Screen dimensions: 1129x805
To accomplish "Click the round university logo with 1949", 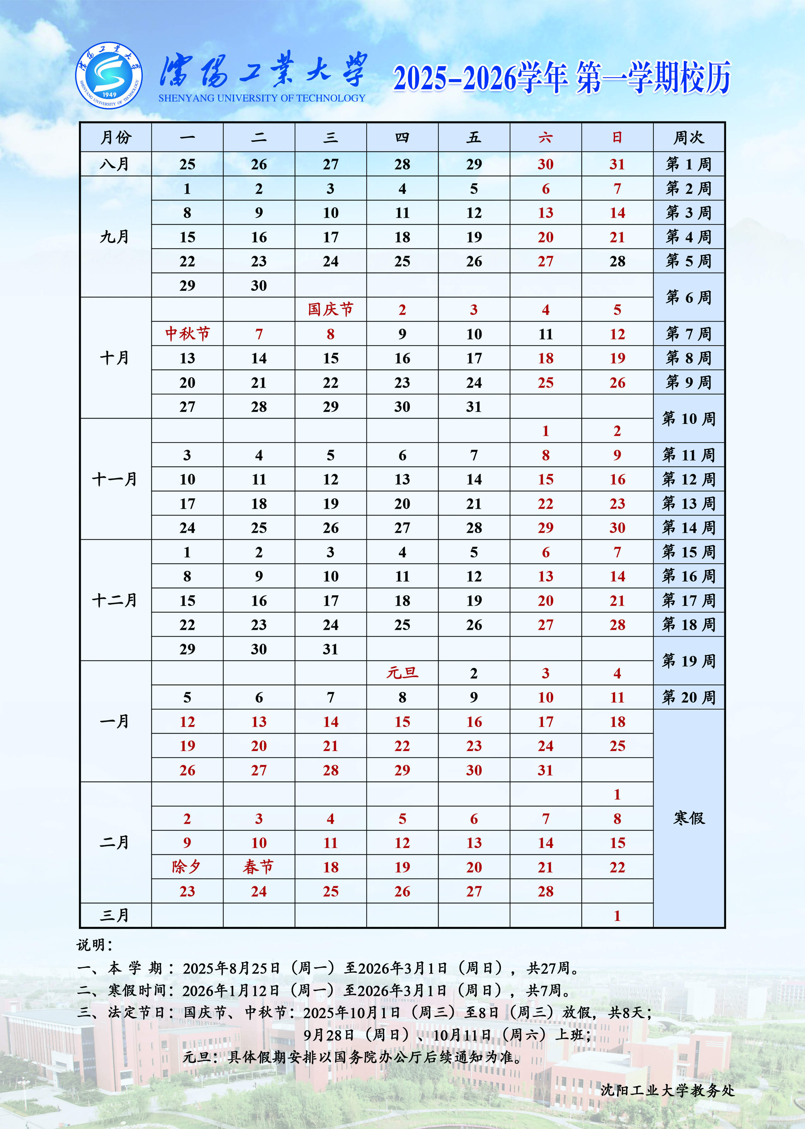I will [109, 75].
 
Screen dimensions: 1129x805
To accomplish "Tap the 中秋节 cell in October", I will [187, 334].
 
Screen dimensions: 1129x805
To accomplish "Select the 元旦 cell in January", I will [402, 673].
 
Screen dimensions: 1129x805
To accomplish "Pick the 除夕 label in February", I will [187, 867].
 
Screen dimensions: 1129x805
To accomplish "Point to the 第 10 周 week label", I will [689, 419].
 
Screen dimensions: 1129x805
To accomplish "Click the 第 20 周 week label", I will [689, 697].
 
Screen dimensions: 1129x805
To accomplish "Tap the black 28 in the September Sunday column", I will [617, 261].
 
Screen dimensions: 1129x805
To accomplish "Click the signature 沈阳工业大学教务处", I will [667, 1091].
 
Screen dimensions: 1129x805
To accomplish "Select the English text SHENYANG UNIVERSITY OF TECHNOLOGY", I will [262, 98].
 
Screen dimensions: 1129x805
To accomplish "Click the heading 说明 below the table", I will [94, 945].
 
